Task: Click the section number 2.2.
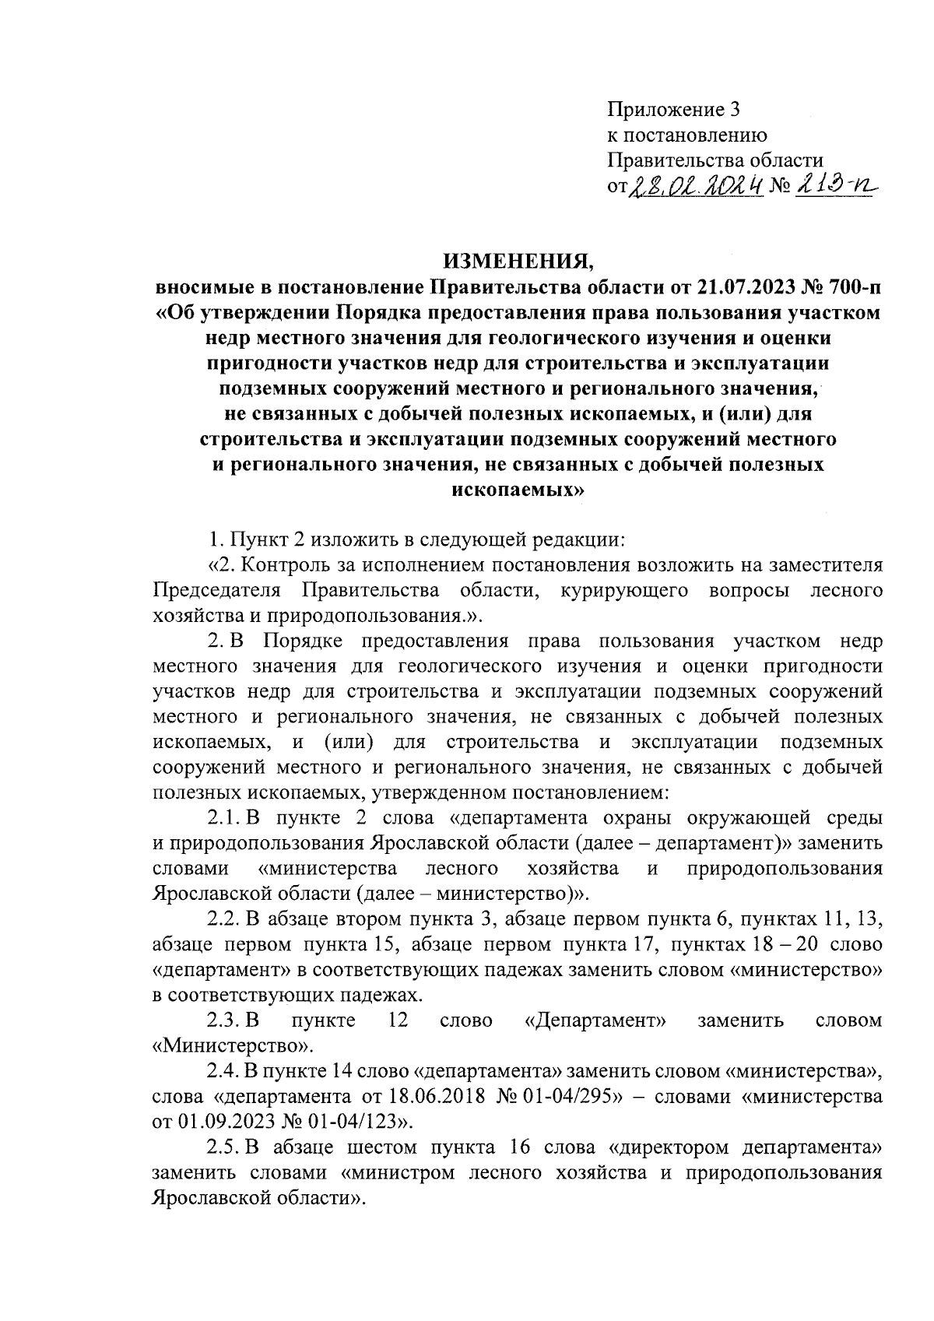click(223, 919)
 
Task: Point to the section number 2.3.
click(223, 1021)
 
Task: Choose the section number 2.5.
click(223, 1147)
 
